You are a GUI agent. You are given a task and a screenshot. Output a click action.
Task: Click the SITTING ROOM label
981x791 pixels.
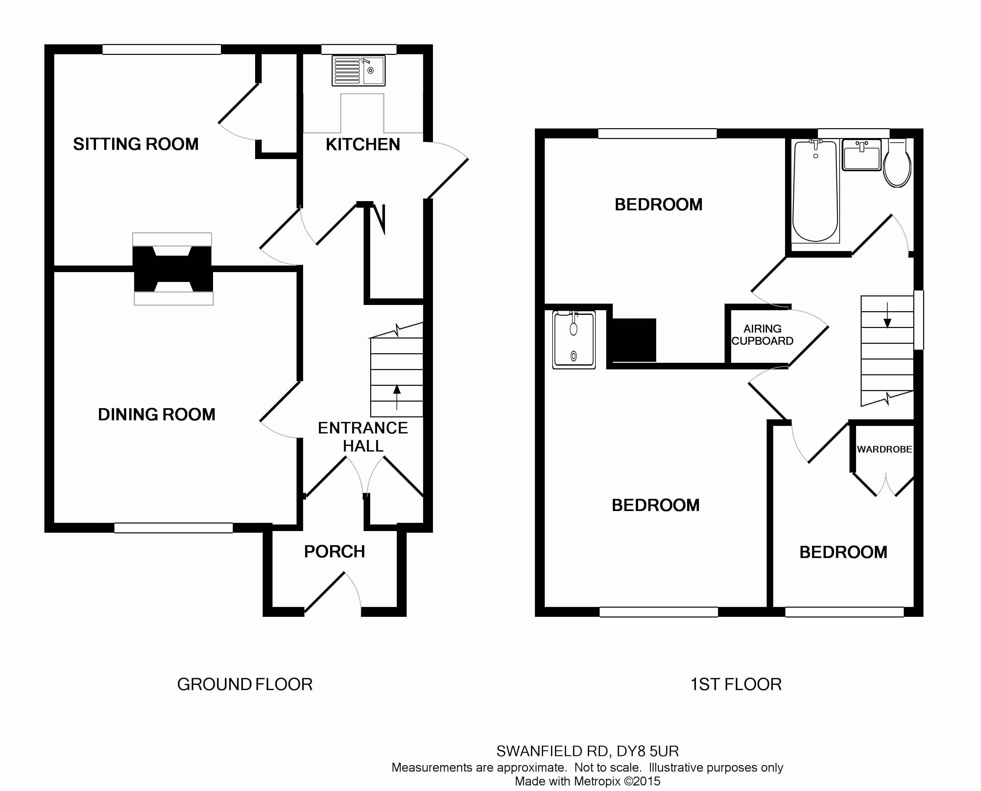(x=136, y=144)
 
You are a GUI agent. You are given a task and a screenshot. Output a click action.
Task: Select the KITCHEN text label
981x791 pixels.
(x=363, y=145)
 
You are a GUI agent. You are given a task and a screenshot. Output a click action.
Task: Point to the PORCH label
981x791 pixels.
(x=335, y=552)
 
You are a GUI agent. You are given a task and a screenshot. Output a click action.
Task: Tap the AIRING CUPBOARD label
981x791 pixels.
(x=762, y=335)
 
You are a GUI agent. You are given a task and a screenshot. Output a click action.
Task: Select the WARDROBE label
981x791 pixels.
(x=884, y=449)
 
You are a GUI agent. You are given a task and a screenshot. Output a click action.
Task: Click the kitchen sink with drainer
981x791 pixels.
(x=359, y=71)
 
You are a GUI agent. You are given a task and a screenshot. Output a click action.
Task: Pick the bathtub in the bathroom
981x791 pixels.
(x=816, y=191)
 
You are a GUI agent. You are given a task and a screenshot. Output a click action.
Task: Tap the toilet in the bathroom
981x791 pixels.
(x=897, y=163)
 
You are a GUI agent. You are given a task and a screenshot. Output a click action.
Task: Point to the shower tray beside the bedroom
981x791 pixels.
(x=574, y=339)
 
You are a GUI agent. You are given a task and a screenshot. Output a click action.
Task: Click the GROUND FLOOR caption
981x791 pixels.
(x=245, y=685)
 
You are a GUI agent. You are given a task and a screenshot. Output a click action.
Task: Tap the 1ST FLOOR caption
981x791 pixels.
(x=736, y=685)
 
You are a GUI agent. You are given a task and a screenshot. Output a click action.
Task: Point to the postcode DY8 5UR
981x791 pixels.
(x=648, y=751)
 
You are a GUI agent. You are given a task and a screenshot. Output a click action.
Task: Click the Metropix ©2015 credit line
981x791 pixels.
(x=587, y=781)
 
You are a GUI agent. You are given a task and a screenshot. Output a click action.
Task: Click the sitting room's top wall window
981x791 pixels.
(x=162, y=49)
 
